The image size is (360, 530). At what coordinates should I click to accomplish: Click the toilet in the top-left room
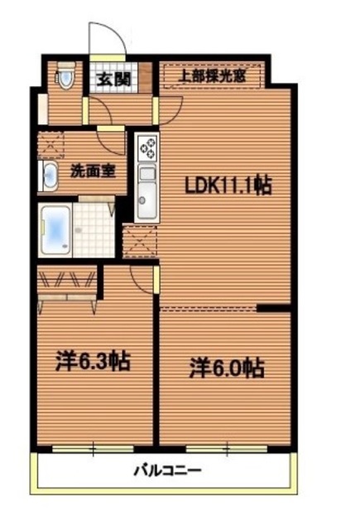(x=65, y=77)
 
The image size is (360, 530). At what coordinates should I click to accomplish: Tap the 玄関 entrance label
(x=110, y=79)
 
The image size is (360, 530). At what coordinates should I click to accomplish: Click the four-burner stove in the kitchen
(x=148, y=149)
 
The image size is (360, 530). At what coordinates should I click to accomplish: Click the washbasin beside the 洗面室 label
(x=46, y=176)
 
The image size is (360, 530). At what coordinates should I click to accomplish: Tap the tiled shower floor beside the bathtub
(x=94, y=226)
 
